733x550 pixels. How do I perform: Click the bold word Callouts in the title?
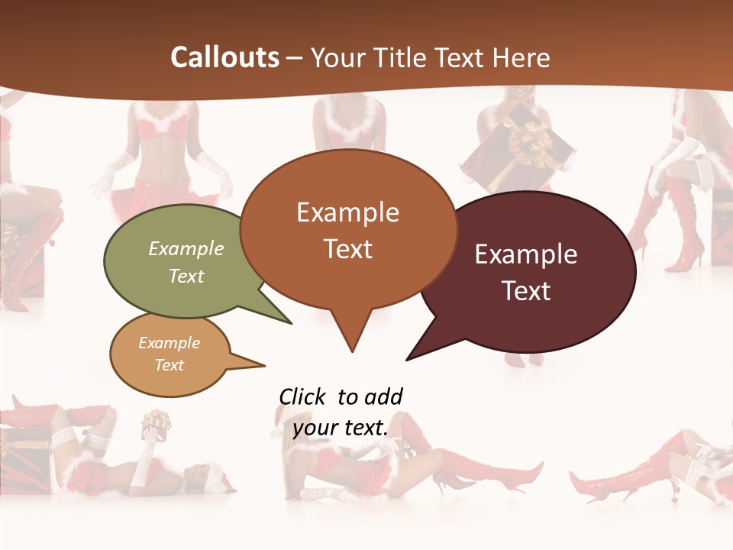pyautogui.click(x=225, y=58)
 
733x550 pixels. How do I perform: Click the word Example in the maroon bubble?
pyautogui.click(x=526, y=254)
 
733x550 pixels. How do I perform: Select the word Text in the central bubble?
pyautogui.click(x=348, y=249)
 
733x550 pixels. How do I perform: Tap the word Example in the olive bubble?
pyautogui.click(x=186, y=249)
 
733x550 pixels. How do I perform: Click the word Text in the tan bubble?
pyautogui.click(x=170, y=365)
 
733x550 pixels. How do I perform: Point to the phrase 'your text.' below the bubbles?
pyautogui.click(x=341, y=428)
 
